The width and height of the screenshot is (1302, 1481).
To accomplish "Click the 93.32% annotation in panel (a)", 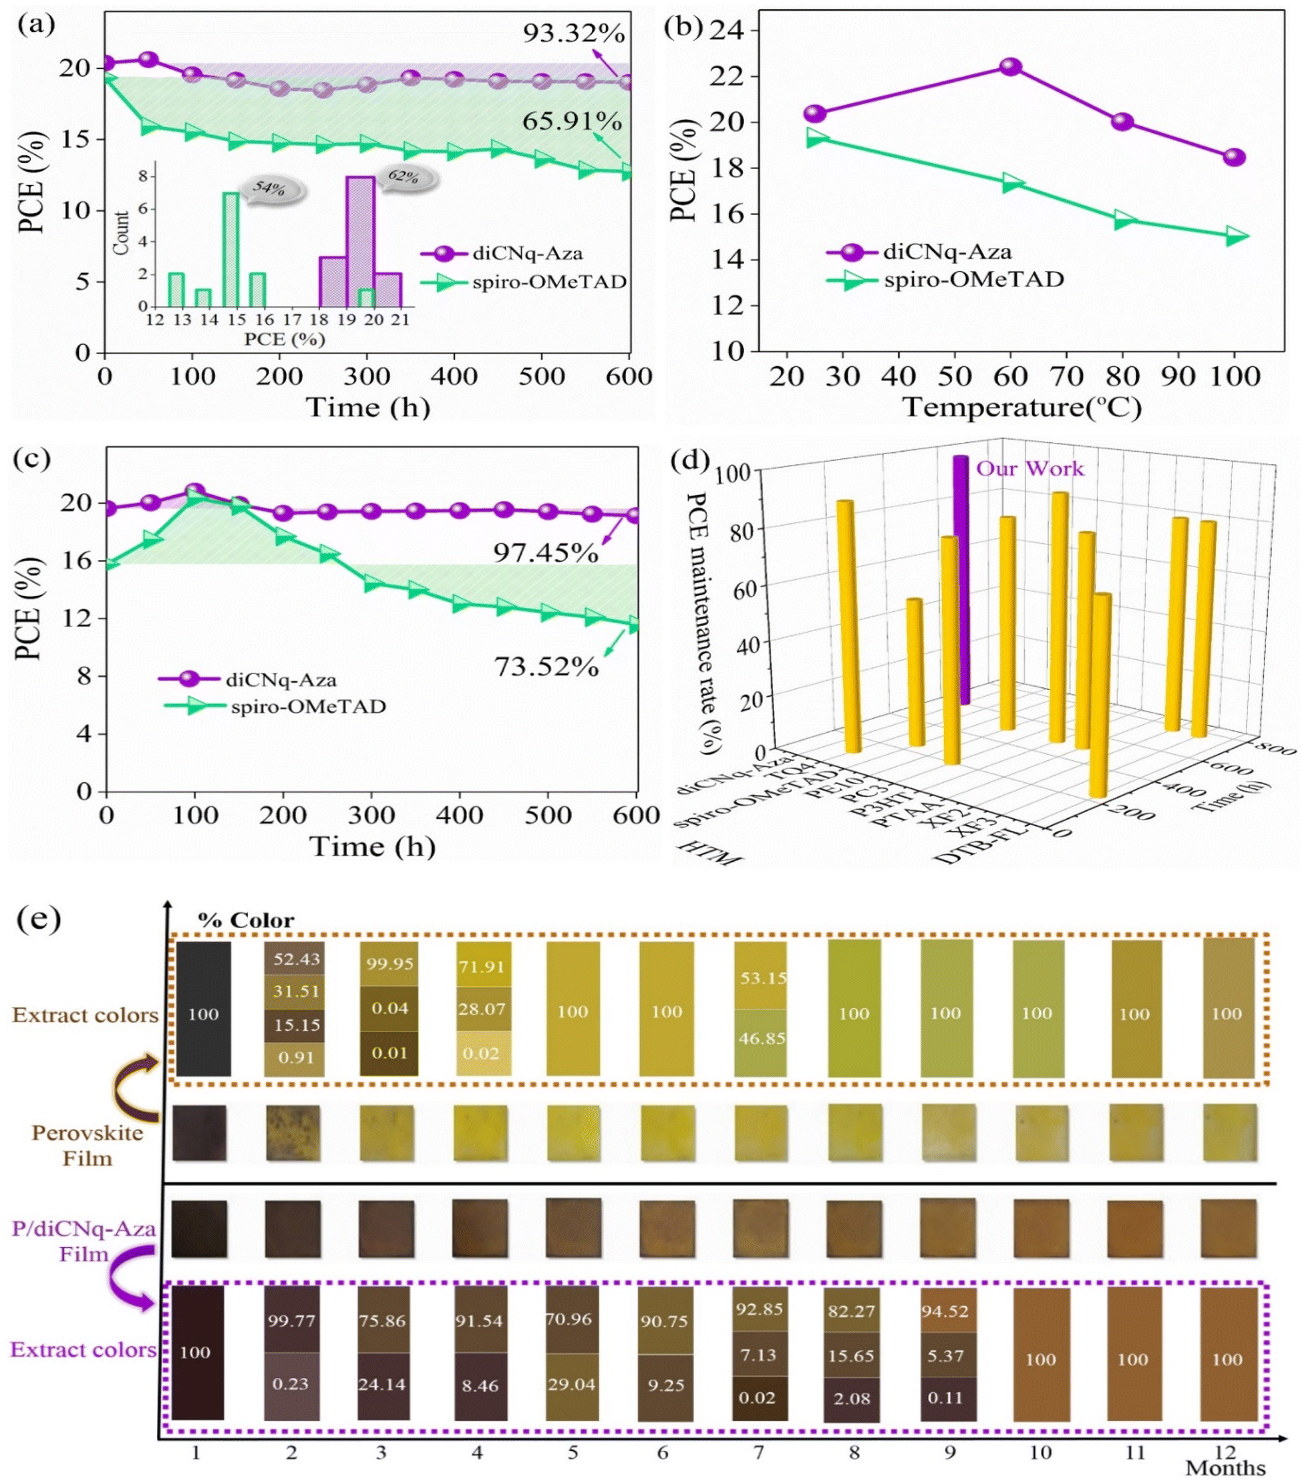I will tap(573, 33).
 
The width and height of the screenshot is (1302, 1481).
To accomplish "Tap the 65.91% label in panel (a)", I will tap(572, 121).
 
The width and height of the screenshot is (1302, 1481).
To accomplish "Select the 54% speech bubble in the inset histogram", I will tap(271, 189).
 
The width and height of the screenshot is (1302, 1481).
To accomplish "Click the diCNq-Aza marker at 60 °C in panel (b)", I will tap(1010, 67).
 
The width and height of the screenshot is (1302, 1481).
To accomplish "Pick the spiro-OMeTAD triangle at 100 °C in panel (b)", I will tap(1235, 236).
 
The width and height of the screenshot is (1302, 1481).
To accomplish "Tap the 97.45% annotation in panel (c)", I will tap(546, 554).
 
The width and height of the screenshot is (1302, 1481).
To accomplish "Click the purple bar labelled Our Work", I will tap(961, 580).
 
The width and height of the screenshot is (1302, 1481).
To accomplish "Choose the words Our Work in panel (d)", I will tap(1029, 469).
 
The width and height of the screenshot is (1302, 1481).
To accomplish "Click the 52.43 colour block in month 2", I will tap(296, 959).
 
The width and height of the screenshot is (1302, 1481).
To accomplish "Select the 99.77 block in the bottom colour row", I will tap(291, 1321).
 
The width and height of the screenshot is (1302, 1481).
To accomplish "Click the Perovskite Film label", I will tap(87, 1146).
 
